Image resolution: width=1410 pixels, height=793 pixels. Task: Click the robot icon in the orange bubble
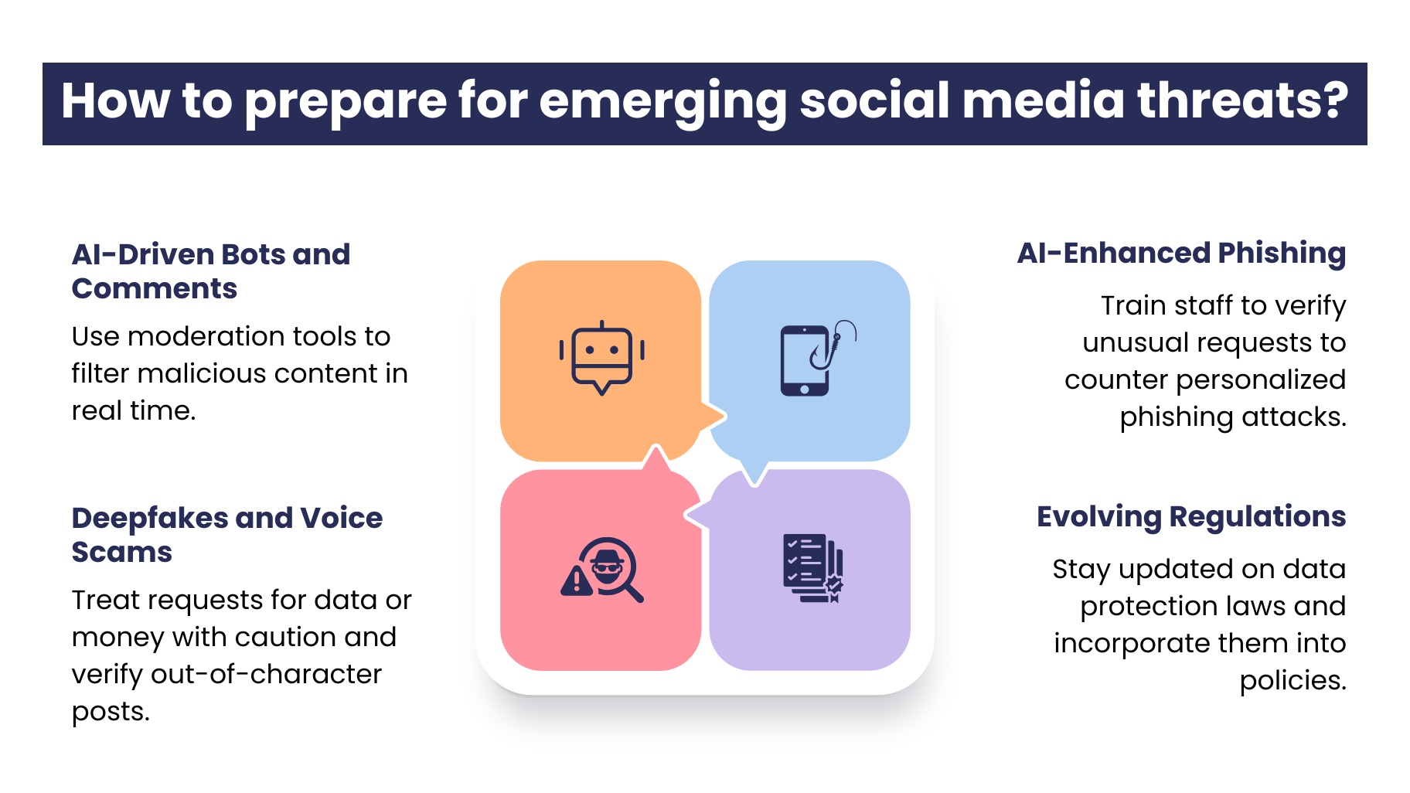(x=601, y=358)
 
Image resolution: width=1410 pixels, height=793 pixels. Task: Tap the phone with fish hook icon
(x=818, y=358)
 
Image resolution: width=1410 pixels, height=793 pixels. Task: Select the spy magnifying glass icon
(x=602, y=570)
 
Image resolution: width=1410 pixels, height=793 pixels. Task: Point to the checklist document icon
(x=813, y=568)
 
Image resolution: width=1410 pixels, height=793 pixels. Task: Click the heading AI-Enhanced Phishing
(x=1181, y=254)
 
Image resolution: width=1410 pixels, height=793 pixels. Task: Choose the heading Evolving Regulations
(x=1191, y=517)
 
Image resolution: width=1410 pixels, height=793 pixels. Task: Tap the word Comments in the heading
(x=155, y=289)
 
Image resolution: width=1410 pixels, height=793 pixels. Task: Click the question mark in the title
(x=1331, y=100)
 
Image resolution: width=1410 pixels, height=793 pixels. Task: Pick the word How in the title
(x=115, y=100)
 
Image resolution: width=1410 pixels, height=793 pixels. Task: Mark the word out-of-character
(x=266, y=674)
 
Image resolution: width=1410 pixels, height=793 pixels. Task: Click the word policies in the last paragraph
(x=1293, y=681)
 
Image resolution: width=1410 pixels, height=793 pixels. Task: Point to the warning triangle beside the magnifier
(x=576, y=580)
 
